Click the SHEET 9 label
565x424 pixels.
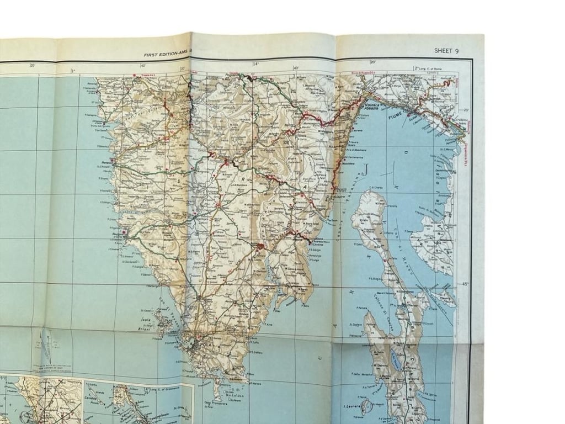tap(446, 51)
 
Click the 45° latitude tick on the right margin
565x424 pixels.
tap(466, 284)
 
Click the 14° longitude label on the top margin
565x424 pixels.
tap(255, 64)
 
